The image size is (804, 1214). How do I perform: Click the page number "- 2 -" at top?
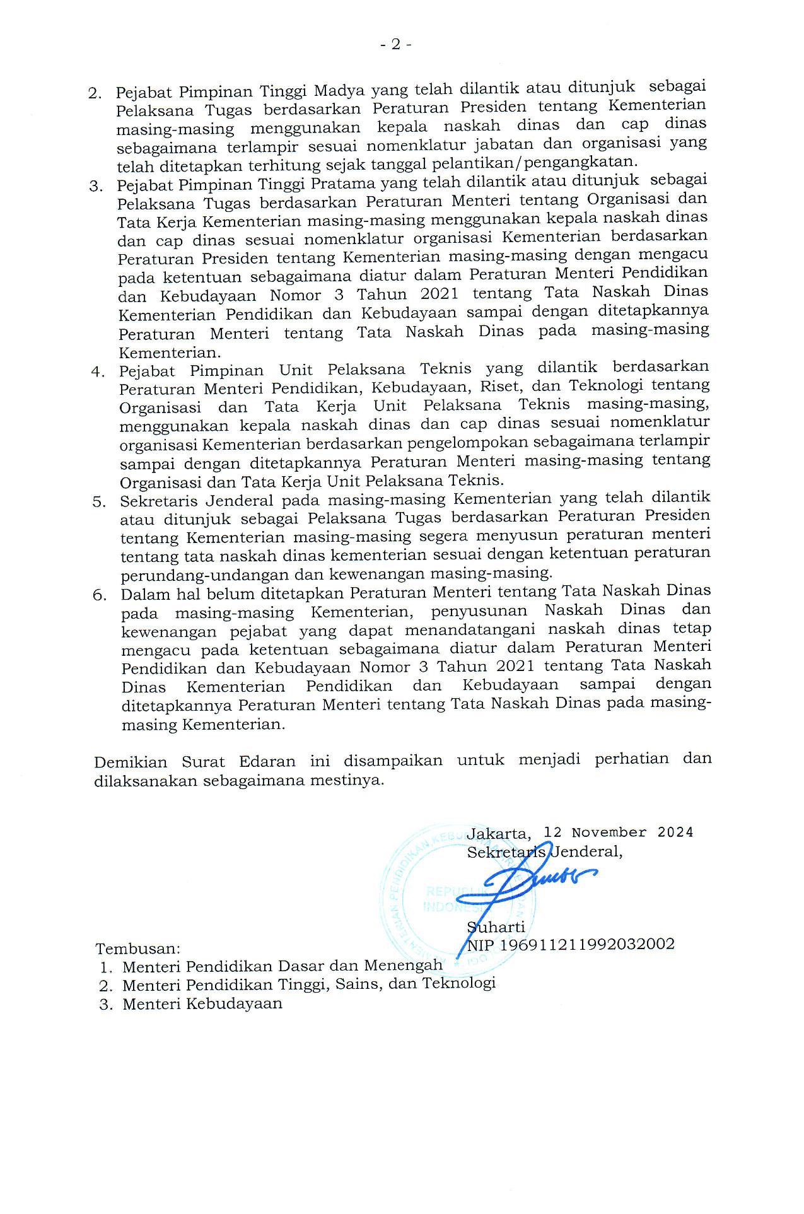[396, 44]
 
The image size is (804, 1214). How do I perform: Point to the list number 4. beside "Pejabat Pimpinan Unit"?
[98, 372]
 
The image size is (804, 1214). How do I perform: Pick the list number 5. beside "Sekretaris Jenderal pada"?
[99, 503]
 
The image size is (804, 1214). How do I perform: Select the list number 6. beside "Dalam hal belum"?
[100, 595]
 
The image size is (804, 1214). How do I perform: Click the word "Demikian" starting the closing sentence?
[131, 762]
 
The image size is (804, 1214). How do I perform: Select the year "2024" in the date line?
[675, 832]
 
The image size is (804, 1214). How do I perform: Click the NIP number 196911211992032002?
[586, 944]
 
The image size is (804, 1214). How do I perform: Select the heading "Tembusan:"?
[138, 948]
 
